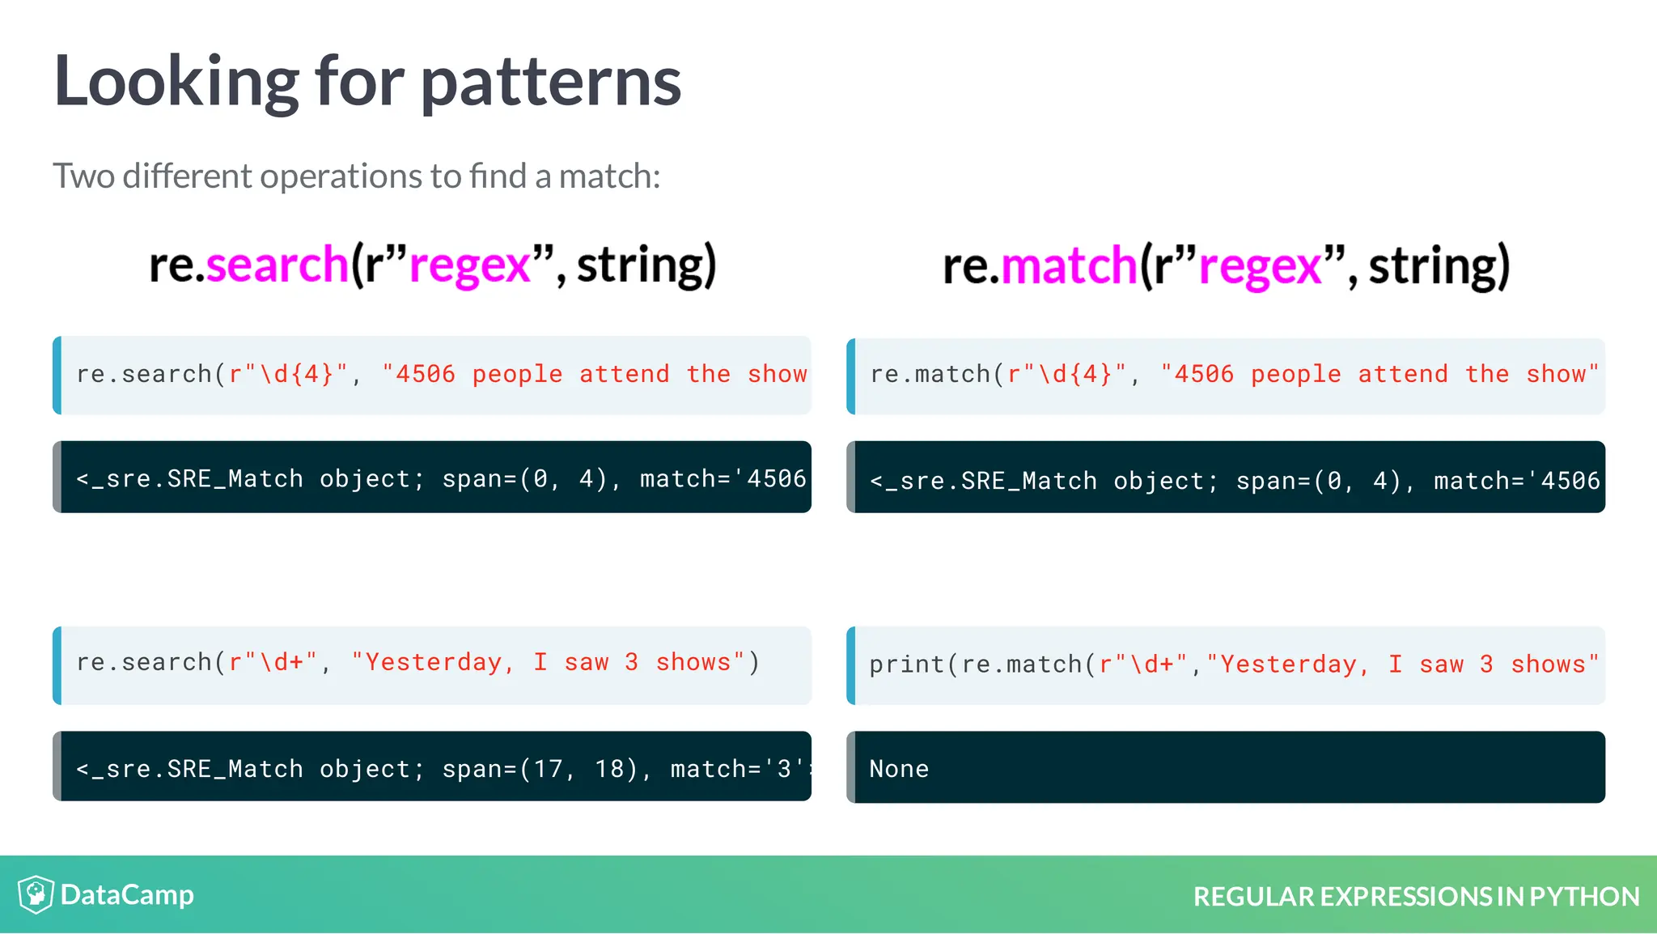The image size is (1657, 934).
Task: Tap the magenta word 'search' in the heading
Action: pos(277,265)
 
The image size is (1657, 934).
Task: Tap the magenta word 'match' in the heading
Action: pos(1069,266)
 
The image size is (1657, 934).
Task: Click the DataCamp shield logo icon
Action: pos(36,894)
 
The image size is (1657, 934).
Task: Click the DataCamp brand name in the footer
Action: pos(127,894)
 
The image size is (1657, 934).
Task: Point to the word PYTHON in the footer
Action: pos(1584,897)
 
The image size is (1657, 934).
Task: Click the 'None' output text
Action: pos(899,769)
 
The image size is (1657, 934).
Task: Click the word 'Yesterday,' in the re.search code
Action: pos(439,663)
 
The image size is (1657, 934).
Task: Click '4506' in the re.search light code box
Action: pos(426,374)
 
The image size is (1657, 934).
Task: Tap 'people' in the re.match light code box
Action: pos(1295,374)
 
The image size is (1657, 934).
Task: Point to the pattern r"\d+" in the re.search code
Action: pos(273,663)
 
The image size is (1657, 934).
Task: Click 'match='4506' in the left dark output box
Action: pos(723,479)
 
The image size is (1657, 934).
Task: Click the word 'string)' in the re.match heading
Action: pos(1439,266)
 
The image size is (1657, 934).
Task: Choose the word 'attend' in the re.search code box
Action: pos(624,374)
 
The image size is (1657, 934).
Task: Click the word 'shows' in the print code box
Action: pos(1548,664)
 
